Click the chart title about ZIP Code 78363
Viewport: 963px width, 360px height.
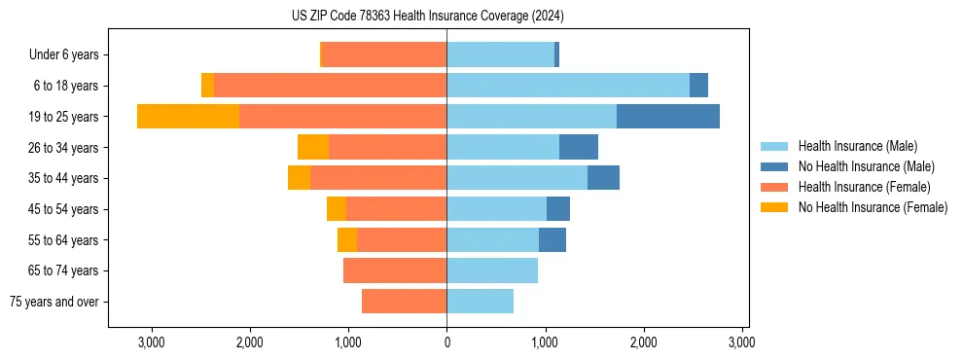tap(427, 16)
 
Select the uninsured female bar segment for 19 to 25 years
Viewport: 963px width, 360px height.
tap(188, 117)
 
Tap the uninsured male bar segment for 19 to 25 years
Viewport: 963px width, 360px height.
tap(667, 117)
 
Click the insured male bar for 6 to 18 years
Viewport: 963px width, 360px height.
tap(568, 86)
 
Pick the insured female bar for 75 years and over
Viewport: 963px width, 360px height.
tap(404, 302)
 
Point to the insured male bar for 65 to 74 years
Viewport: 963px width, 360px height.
tap(492, 270)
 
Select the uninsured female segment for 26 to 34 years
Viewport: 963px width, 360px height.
tap(313, 147)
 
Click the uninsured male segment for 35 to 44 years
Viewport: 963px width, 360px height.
tap(603, 178)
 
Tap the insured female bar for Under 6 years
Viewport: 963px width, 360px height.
tap(384, 54)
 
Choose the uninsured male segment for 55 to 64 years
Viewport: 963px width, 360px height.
tap(553, 239)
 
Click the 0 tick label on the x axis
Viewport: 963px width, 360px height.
tap(446, 342)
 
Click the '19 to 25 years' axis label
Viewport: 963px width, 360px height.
tap(64, 117)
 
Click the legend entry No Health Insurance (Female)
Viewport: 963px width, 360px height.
tap(873, 207)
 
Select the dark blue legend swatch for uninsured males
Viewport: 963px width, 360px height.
tap(774, 166)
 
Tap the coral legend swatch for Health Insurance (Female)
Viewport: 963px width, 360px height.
tap(774, 187)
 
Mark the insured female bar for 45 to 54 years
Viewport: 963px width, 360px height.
tap(397, 209)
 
